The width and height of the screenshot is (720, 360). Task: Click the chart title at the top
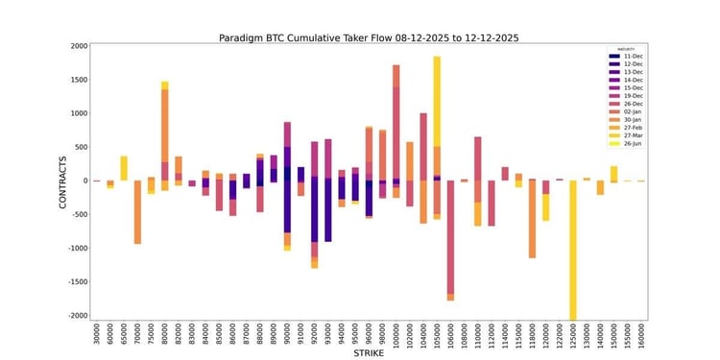click(370, 37)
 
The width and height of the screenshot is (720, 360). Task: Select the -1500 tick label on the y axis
click(75, 281)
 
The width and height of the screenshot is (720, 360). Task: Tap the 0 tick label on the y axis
click(84, 180)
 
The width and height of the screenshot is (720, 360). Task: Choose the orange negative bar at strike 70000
click(137, 212)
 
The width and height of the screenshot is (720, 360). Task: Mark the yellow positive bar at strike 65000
click(124, 168)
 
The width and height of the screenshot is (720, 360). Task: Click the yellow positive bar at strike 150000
click(613, 173)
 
